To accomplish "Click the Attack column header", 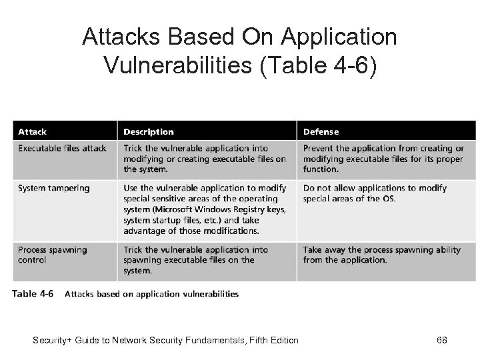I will click(32, 132).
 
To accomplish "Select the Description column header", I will click(148, 132).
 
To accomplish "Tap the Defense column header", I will click(321, 132).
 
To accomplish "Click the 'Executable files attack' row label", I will click(62, 148).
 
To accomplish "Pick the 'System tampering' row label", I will click(53, 188).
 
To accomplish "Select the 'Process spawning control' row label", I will click(52, 255).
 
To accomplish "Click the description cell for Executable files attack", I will click(205, 159).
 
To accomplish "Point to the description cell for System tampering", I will click(205, 209).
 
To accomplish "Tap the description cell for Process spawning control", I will click(195, 260).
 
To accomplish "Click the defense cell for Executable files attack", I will click(383, 159).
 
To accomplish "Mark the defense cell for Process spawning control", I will click(381, 255).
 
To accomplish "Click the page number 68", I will click(441, 341).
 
